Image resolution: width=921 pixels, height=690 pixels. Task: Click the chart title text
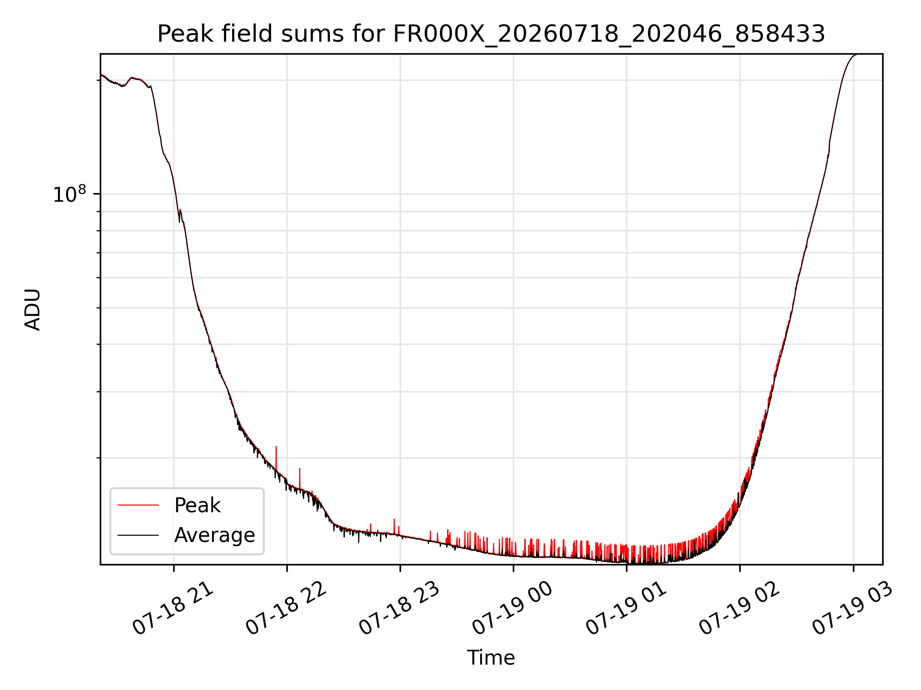click(491, 34)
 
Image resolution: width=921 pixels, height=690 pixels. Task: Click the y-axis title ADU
click(33, 309)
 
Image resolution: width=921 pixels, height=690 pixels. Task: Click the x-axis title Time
click(491, 658)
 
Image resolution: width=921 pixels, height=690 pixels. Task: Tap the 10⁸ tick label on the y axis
click(70, 194)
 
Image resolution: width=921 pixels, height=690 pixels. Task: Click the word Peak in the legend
click(197, 506)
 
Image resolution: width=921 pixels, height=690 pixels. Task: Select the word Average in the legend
click(214, 535)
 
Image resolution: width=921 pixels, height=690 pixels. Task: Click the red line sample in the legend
click(138, 505)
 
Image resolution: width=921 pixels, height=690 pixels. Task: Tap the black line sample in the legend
click(138, 535)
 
